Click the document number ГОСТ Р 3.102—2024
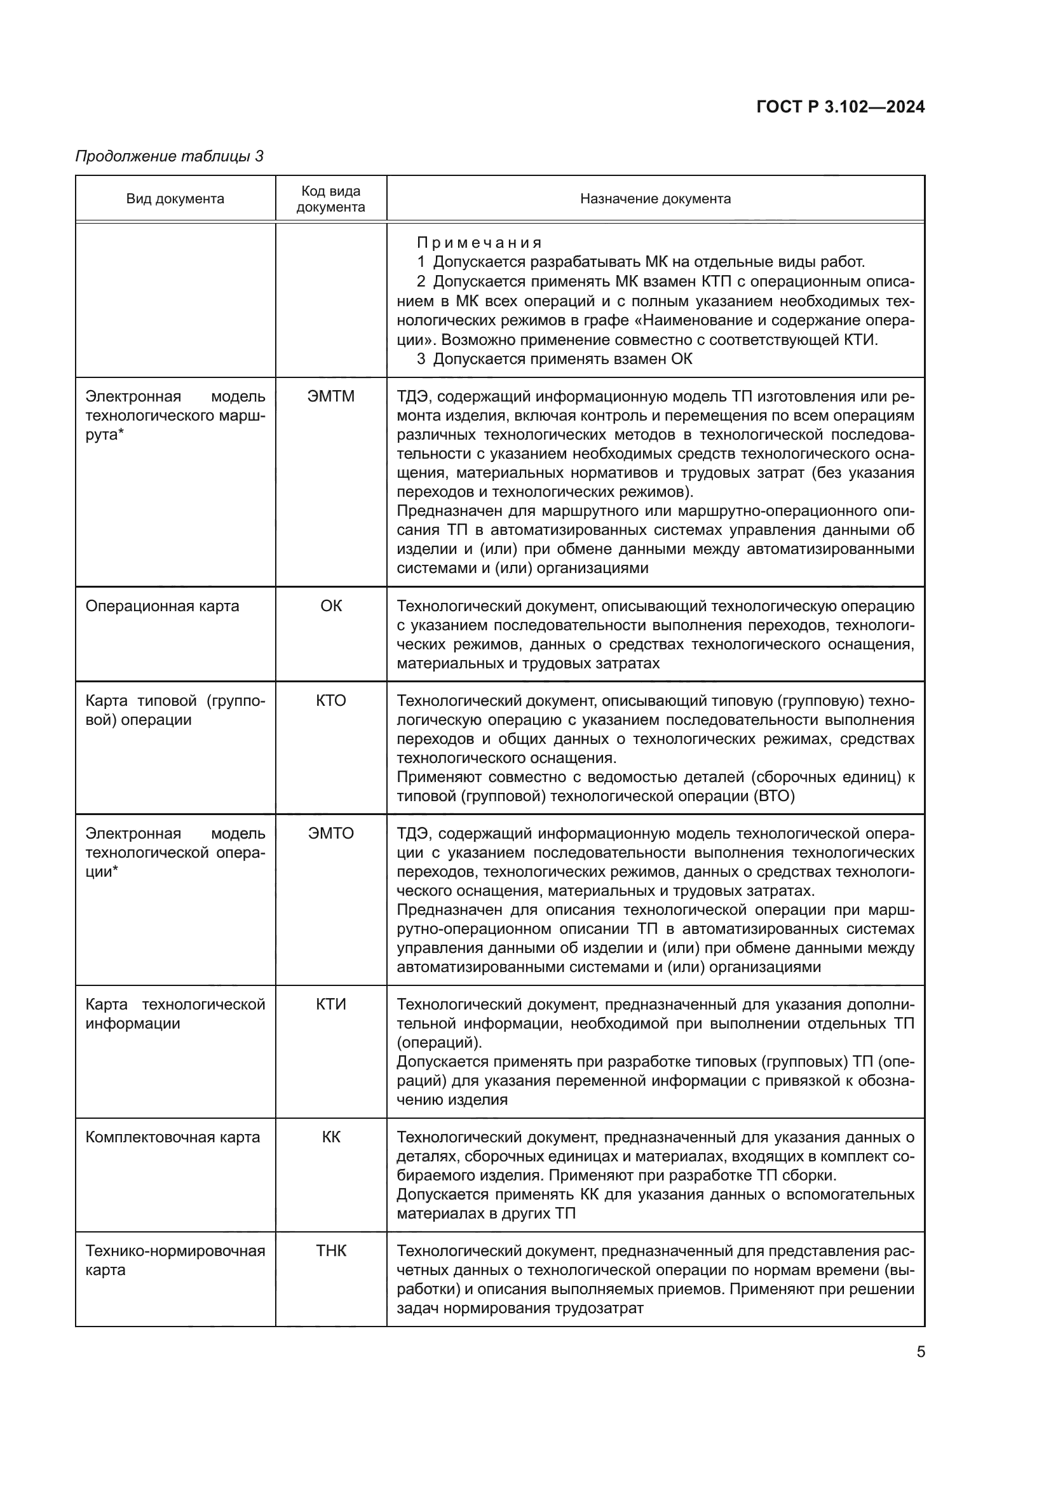(840, 107)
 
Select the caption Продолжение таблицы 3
(170, 156)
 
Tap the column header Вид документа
(175, 199)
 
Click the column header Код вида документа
(330, 199)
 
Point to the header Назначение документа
(655, 199)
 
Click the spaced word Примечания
(479, 243)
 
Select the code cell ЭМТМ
(330, 396)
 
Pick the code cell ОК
(330, 606)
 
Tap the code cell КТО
(330, 700)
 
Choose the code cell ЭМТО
(330, 833)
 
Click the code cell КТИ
(330, 1004)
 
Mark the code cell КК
(330, 1137)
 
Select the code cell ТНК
(330, 1251)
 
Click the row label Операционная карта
(162, 606)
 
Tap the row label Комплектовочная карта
(172, 1137)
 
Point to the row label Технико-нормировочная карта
(175, 1260)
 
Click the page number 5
(920, 1352)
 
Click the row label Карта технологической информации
(175, 1013)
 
